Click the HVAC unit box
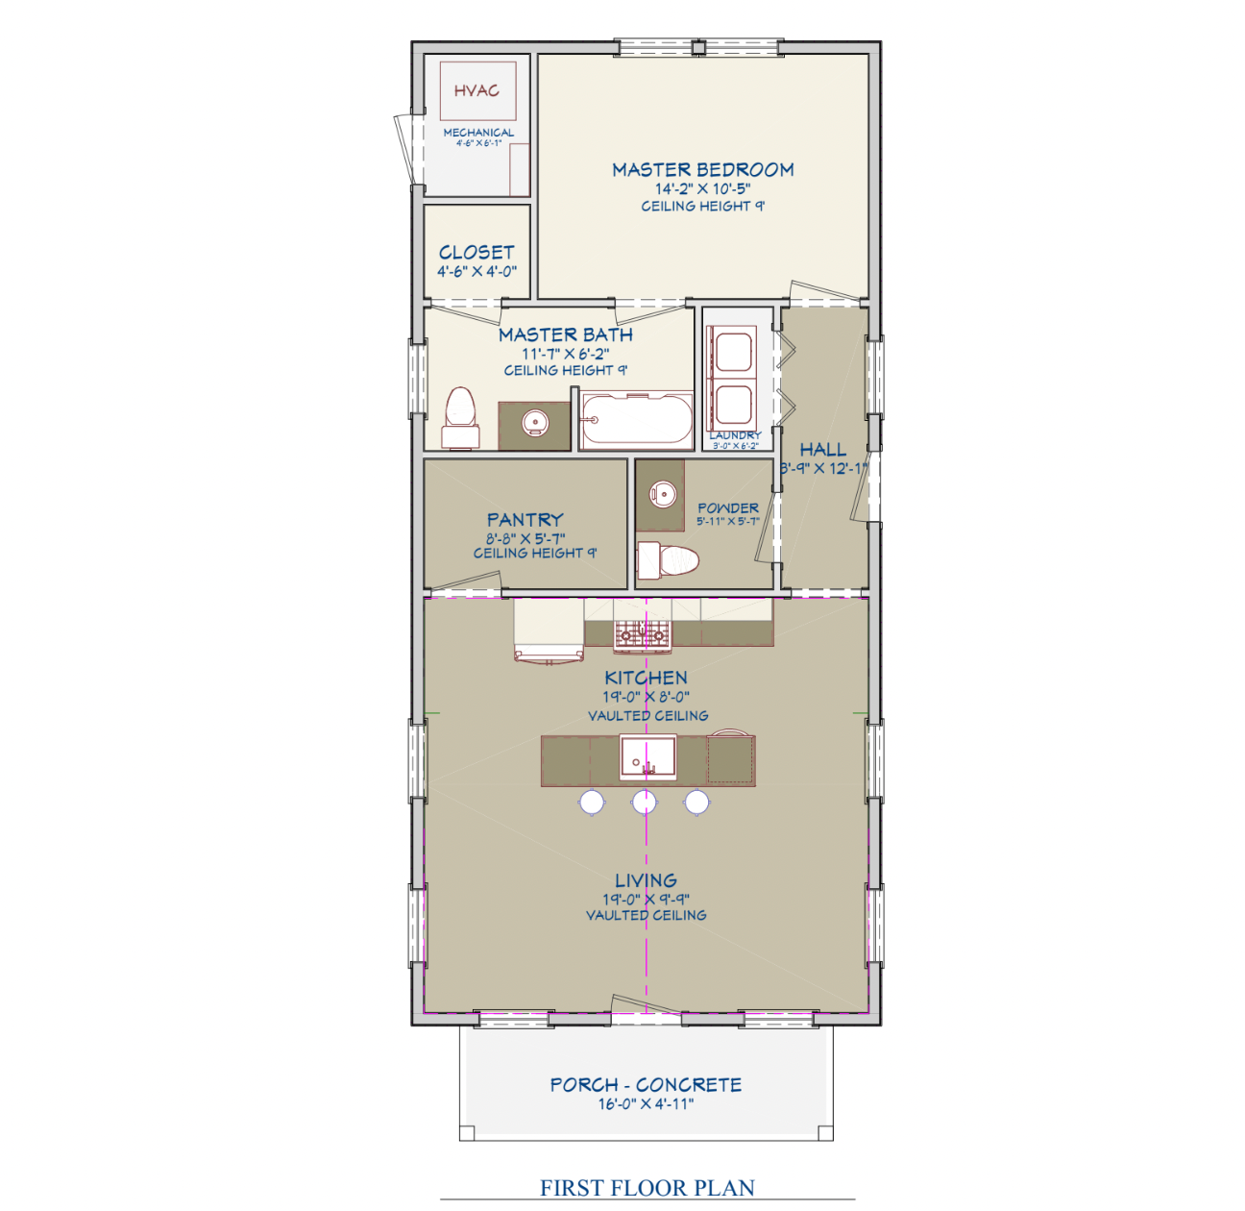pyautogui.click(x=477, y=91)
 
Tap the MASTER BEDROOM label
pyautogui.click(x=703, y=170)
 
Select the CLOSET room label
pyautogui.click(x=476, y=253)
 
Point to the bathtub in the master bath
pyautogui.click(x=637, y=420)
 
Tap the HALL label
pyautogui.click(x=823, y=450)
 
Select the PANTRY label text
pyautogui.click(x=525, y=520)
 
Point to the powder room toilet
pyautogui.click(x=670, y=558)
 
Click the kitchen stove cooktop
pyautogui.click(x=643, y=633)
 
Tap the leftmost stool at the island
pyautogui.click(x=592, y=801)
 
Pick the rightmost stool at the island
pyautogui.click(x=697, y=801)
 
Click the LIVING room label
pyautogui.click(x=646, y=880)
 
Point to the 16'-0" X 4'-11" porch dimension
pyautogui.click(x=646, y=1104)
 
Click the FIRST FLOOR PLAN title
pyautogui.click(x=647, y=1188)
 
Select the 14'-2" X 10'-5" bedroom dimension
pyautogui.click(x=702, y=189)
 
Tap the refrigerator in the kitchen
pyautogui.click(x=549, y=630)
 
